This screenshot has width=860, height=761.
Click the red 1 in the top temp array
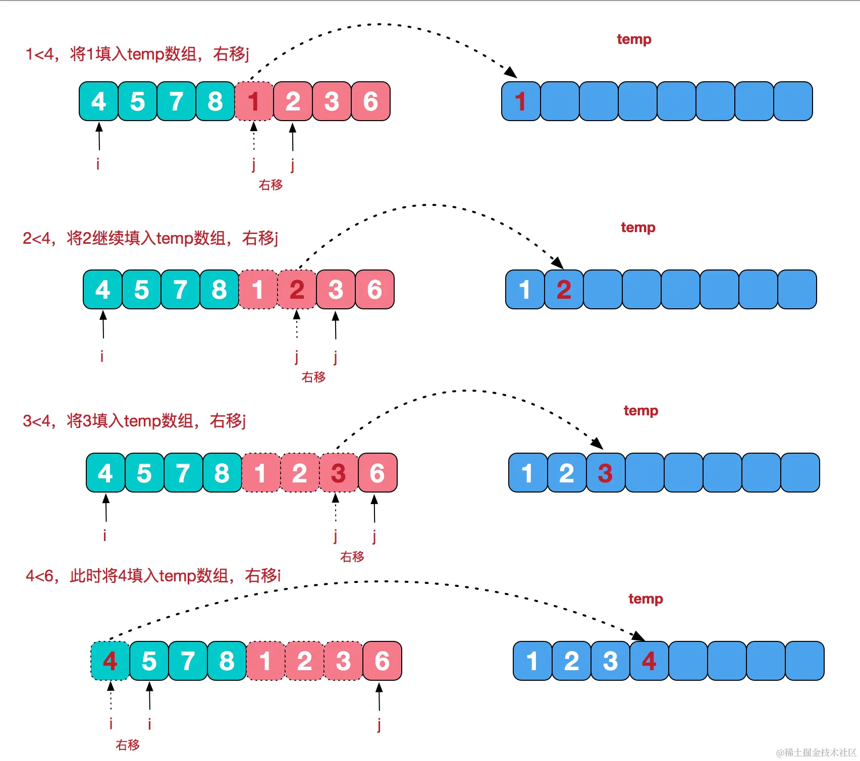(x=521, y=101)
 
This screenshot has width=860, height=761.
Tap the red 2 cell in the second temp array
(x=564, y=290)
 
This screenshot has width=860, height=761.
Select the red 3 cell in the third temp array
(x=605, y=473)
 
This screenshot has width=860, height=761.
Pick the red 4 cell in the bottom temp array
(x=649, y=661)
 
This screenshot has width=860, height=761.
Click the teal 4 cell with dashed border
(x=110, y=661)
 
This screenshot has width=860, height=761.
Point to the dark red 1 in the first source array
(x=254, y=101)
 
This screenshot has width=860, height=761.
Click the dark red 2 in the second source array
(x=297, y=290)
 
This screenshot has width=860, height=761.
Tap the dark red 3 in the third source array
(x=338, y=473)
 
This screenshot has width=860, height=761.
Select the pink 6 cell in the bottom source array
(x=382, y=661)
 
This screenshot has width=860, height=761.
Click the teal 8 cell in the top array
(x=215, y=101)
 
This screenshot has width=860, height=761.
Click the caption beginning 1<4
(x=137, y=53)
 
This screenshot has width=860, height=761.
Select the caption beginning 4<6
(x=153, y=575)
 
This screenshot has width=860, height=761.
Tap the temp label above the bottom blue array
(x=646, y=599)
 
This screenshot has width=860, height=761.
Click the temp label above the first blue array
(x=634, y=39)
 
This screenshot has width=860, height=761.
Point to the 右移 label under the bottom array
(x=127, y=745)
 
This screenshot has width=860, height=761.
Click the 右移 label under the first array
(x=271, y=185)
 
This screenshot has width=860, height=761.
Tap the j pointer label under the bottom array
(x=379, y=725)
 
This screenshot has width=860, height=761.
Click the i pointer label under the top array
(x=98, y=164)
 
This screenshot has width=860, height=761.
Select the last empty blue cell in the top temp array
(x=793, y=101)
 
